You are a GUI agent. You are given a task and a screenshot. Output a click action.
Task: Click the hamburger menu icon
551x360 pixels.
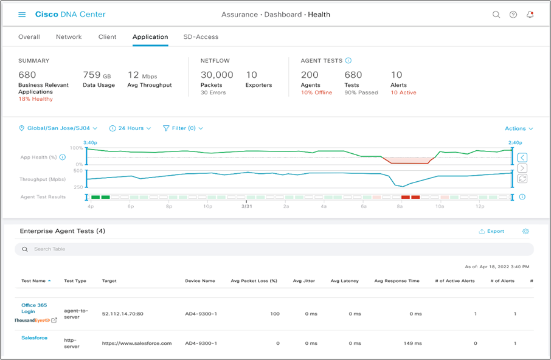pyautogui.click(x=23, y=15)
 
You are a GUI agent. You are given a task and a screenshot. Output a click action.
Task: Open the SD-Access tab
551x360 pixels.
pyautogui.click(x=201, y=37)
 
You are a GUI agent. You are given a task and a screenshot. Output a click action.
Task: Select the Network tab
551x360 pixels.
pyautogui.click(x=69, y=37)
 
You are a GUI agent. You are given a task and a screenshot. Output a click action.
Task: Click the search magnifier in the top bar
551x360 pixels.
pyautogui.click(x=496, y=15)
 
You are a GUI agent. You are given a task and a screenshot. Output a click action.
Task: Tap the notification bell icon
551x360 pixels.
pyautogui.click(x=530, y=15)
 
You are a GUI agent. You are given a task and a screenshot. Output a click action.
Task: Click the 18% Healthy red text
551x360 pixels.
pyautogui.click(x=35, y=99)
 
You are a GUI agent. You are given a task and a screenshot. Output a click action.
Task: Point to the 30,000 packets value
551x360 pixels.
pyautogui.click(x=217, y=75)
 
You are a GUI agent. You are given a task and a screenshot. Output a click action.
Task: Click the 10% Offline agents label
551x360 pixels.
pyautogui.click(x=316, y=93)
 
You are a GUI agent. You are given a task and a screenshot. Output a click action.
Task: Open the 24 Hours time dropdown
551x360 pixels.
pyautogui.click(x=130, y=128)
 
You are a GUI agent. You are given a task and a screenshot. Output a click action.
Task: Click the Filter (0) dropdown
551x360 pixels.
pyautogui.click(x=182, y=128)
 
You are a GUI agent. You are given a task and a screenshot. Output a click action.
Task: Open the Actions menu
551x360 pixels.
pyautogui.click(x=518, y=128)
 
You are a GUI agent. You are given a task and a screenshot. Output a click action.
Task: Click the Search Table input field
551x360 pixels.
pyautogui.click(x=274, y=249)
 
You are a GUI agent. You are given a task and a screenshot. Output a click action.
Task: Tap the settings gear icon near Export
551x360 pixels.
pyautogui.click(x=525, y=232)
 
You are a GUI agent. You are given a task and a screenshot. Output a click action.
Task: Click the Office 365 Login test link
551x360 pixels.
pyautogui.click(x=33, y=308)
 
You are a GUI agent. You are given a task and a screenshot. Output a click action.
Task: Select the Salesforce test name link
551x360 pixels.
pyautogui.click(x=34, y=338)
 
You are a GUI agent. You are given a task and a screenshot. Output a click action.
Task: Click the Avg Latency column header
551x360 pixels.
pyautogui.click(x=344, y=281)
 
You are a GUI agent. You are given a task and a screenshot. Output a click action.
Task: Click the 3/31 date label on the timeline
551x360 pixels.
pyautogui.click(x=246, y=207)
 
